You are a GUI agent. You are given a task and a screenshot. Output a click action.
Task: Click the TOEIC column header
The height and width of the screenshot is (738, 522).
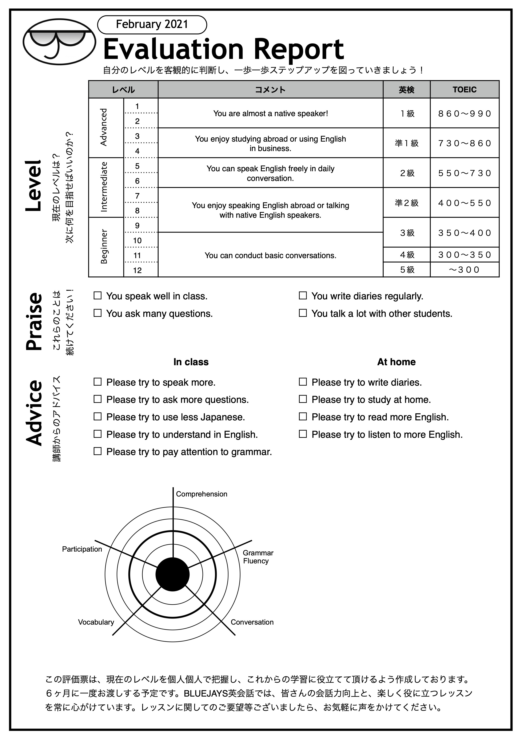pyautogui.click(x=465, y=90)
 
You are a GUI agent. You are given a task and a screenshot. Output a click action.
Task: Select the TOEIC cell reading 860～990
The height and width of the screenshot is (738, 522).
pyautogui.click(x=465, y=113)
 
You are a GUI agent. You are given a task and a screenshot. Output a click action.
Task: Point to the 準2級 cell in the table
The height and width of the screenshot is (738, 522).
pyautogui.click(x=407, y=203)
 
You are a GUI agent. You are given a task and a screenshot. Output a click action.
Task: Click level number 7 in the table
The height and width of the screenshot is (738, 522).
pyautogui.click(x=137, y=196)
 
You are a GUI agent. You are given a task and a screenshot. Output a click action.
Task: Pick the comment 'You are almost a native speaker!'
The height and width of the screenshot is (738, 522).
pyautogui.click(x=271, y=113)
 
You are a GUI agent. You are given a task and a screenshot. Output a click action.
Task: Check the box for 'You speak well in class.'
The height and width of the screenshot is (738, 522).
pyautogui.click(x=97, y=296)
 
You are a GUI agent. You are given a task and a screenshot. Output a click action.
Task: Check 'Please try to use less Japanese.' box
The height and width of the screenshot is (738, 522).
pyautogui.click(x=97, y=417)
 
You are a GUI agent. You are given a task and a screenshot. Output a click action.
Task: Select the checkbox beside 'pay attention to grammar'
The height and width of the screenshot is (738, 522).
pyautogui.click(x=97, y=451)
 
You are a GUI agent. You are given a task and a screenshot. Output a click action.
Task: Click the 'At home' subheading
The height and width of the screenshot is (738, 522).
pyautogui.click(x=396, y=362)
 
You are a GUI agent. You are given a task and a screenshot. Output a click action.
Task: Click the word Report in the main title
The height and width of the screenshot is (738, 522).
pyautogui.click(x=299, y=50)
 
